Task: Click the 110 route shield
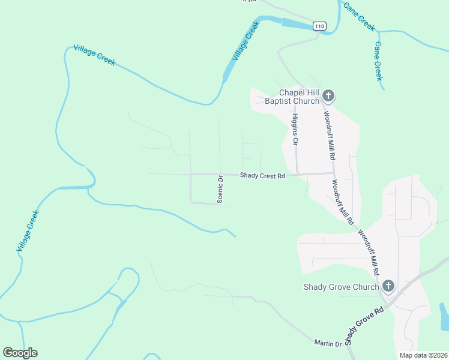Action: tap(319, 26)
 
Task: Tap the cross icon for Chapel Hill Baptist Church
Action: tap(328, 95)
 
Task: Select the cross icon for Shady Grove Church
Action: tap(388, 286)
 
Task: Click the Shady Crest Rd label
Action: tap(262, 175)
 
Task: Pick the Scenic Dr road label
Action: tap(220, 190)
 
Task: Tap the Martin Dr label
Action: tap(328, 343)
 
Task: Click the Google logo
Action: tap(20, 352)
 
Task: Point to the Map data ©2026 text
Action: tap(424, 355)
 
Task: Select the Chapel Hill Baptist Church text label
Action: tap(292, 97)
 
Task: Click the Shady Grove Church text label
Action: tap(342, 287)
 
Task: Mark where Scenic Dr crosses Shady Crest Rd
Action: tap(220, 175)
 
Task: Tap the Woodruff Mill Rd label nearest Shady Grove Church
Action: tap(369, 252)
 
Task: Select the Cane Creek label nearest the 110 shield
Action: tap(359, 16)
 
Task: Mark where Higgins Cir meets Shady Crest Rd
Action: tap(298, 175)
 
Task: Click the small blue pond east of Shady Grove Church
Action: tap(444, 316)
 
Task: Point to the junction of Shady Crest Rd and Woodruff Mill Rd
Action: tap(334, 173)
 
